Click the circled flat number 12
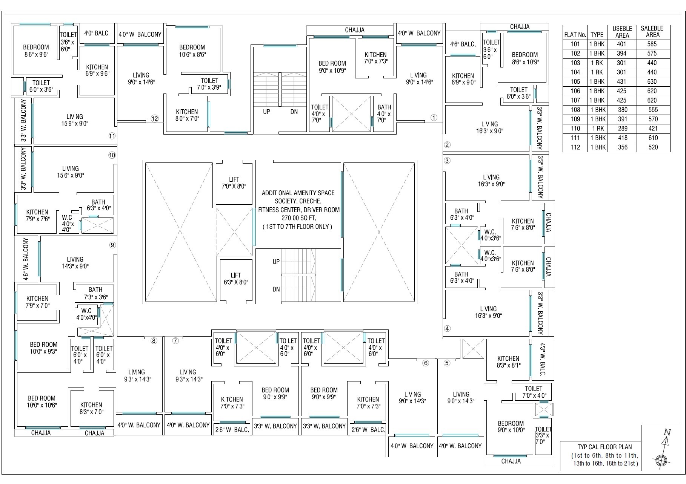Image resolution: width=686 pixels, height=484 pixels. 154,118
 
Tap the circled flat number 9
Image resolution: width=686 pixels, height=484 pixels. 112,245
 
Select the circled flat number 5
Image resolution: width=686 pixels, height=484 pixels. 447,363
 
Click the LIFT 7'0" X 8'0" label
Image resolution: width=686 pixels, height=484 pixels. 234,183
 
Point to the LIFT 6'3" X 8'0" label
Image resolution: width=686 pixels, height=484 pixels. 236,279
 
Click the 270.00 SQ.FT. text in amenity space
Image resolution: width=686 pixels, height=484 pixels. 298,218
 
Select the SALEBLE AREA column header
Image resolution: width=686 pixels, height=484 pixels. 652,31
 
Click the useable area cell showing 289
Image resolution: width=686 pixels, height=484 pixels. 622,129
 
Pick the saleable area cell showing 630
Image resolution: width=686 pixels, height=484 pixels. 652,81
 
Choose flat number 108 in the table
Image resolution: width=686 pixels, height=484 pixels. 575,110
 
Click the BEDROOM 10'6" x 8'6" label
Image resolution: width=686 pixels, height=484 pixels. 192,51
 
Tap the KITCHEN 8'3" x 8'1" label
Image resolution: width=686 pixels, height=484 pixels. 508,361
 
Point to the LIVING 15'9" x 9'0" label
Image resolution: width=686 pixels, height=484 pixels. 74,120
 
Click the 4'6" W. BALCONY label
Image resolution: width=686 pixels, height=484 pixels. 26,259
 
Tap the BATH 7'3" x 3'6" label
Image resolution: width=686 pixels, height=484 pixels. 95,293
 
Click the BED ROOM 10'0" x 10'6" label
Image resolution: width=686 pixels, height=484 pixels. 42,401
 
